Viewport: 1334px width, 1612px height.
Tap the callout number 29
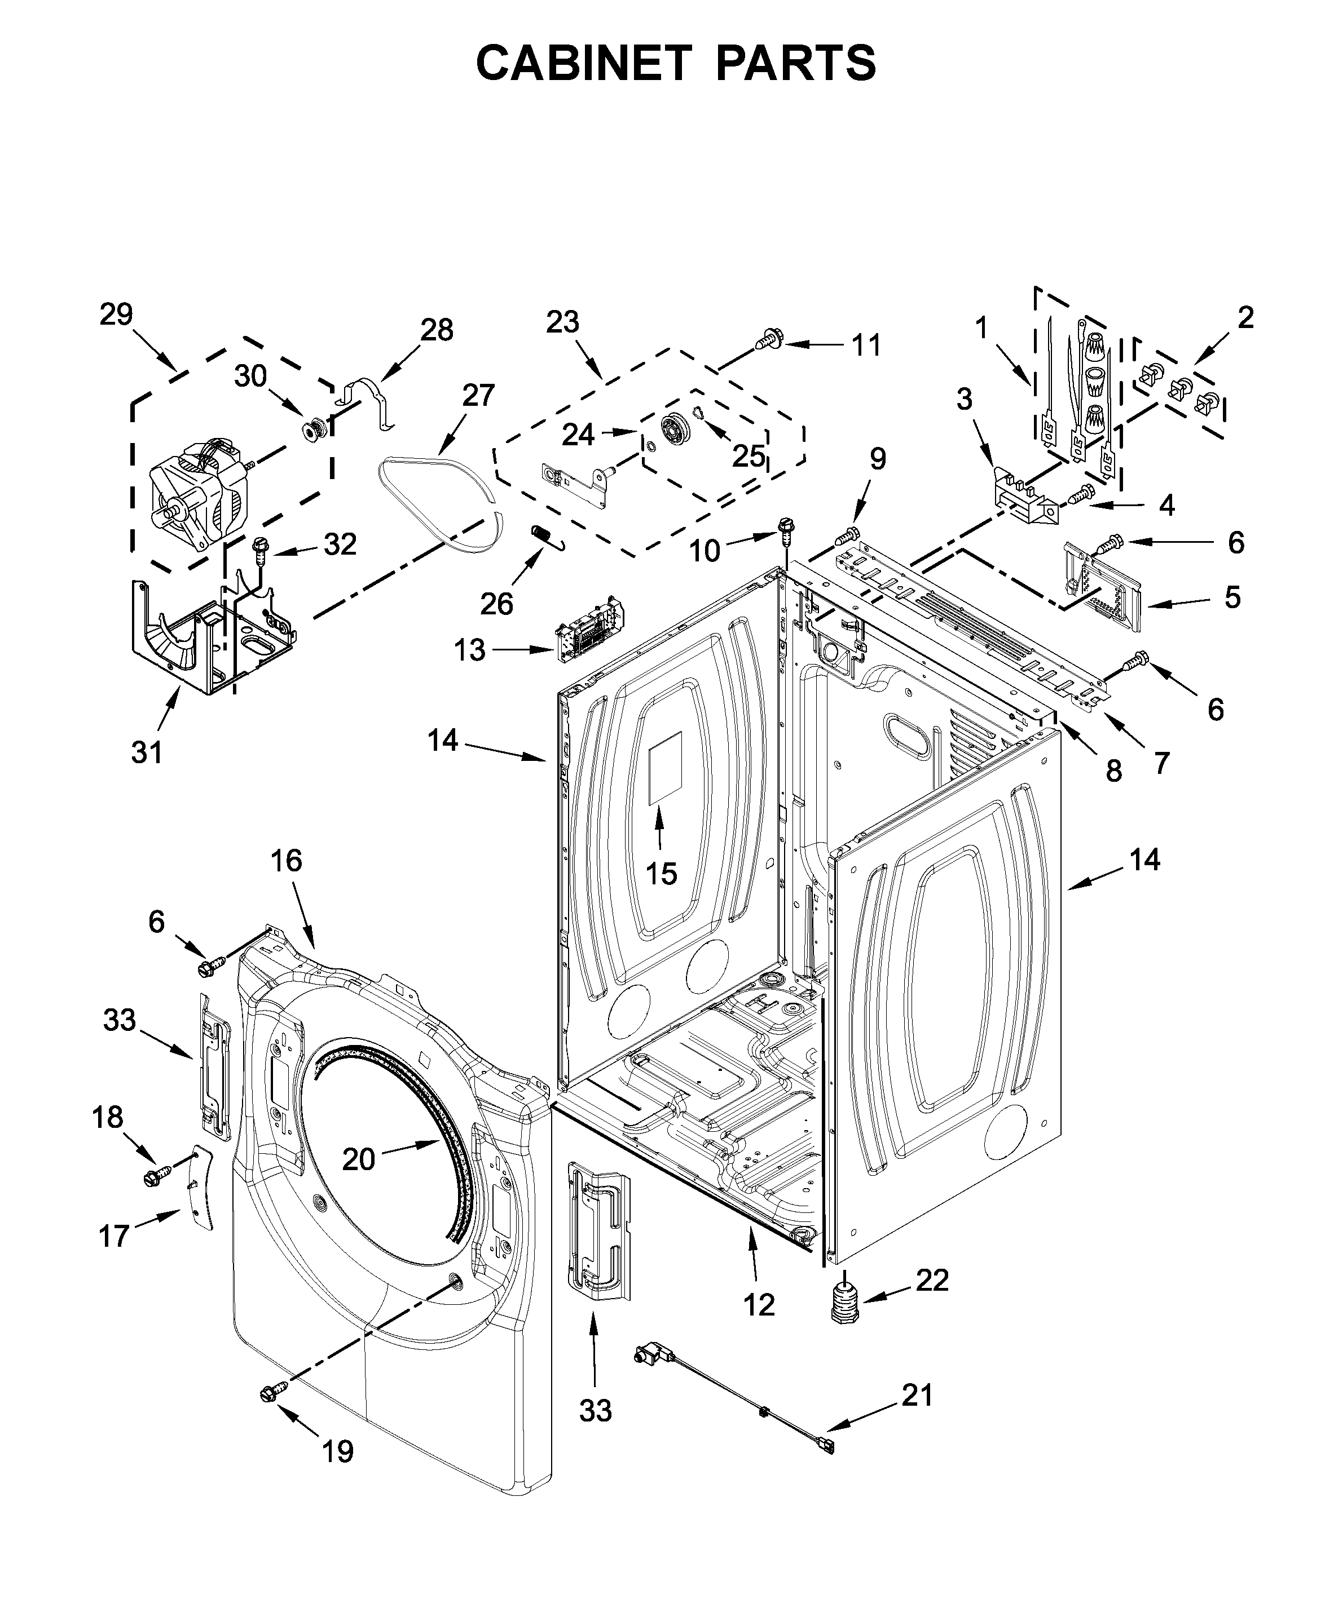(116, 314)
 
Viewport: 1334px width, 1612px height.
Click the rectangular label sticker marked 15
(665, 768)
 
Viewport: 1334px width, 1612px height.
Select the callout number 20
(358, 1158)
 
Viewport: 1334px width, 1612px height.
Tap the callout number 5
(1232, 596)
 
